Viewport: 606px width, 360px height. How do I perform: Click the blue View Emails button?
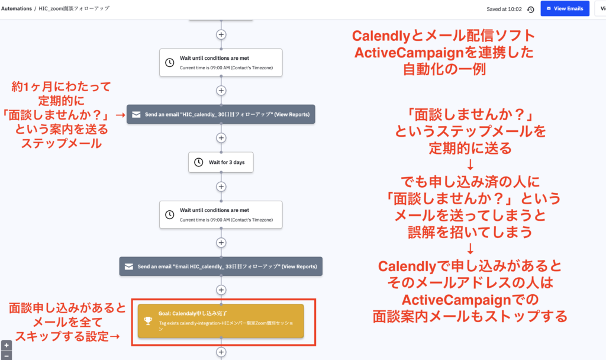click(x=564, y=9)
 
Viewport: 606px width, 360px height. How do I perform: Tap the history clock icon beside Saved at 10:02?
click(x=530, y=9)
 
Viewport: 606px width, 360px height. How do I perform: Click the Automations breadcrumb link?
click(x=16, y=9)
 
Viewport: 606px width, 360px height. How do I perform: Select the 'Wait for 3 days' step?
click(x=221, y=162)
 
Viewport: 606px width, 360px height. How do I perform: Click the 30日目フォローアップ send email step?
click(x=221, y=114)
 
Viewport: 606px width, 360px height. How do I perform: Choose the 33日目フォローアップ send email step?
click(x=221, y=266)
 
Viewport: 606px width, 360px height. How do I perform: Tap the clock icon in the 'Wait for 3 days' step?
click(x=199, y=162)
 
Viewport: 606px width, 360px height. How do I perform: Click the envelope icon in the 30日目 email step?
click(x=136, y=114)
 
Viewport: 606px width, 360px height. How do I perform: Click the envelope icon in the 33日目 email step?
click(x=129, y=266)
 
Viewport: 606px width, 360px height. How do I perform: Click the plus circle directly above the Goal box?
click(x=221, y=290)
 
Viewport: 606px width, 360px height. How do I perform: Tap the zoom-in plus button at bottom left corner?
click(x=6, y=345)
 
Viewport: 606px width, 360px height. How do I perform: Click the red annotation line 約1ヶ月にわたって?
click(x=61, y=87)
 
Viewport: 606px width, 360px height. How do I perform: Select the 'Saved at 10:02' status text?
click(x=504, y=9)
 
